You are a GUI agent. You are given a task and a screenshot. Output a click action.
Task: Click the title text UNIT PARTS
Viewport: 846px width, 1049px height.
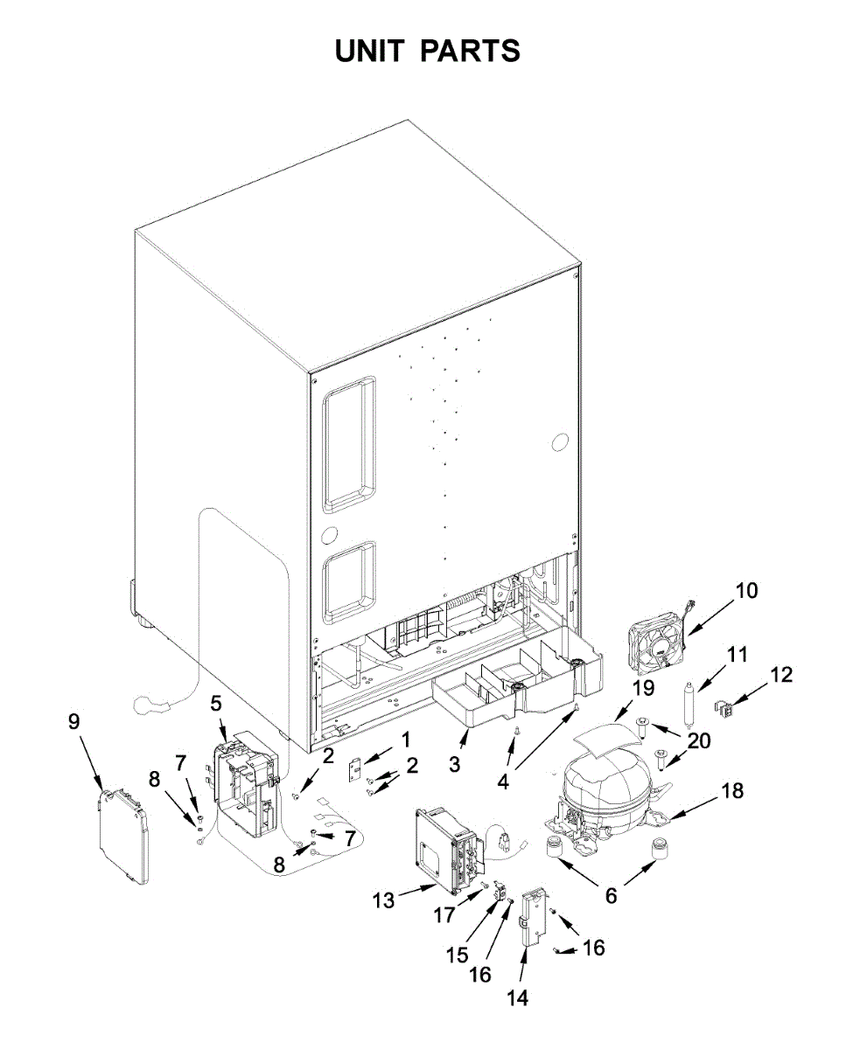coord(428,51)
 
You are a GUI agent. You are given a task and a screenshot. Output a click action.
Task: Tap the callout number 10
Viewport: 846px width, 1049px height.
coord(745,590)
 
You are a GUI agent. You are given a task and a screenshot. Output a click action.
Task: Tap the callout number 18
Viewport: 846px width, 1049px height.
coord(731,790)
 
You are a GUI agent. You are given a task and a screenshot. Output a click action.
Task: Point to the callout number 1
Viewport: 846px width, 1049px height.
coord(405,740)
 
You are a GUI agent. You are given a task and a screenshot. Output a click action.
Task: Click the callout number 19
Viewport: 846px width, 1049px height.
coord(643,688)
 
